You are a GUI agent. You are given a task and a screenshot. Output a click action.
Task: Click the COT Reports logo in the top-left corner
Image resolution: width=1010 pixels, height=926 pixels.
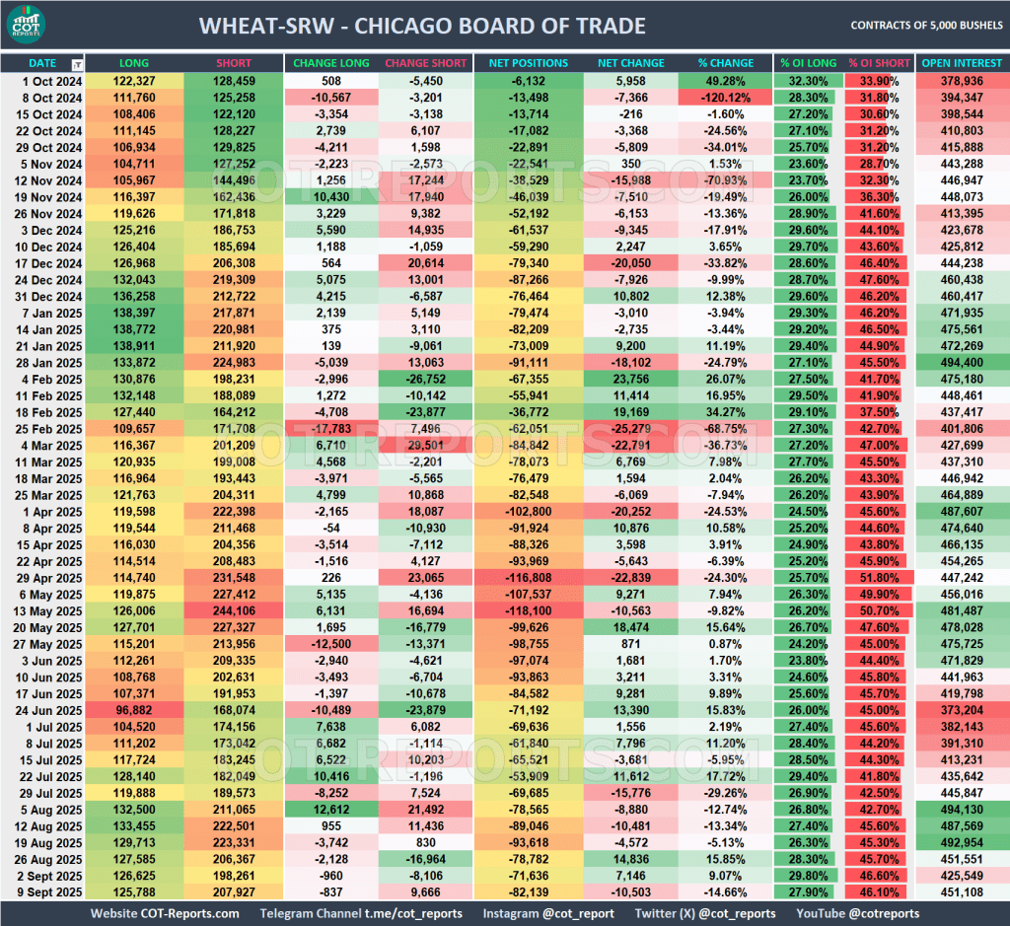click(35, 26)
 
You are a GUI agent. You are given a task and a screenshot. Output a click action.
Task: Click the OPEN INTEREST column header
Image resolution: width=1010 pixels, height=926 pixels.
click(962, 63)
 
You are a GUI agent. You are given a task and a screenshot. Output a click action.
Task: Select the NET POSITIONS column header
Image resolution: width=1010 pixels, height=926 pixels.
click(528, 63)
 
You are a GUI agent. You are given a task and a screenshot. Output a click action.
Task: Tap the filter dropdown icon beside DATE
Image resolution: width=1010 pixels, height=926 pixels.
click(78, 64)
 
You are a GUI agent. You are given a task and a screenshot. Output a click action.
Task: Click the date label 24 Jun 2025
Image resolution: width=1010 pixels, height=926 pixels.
click(42, 710)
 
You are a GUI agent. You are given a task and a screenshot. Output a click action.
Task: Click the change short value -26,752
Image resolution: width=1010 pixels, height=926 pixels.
click(425, 379)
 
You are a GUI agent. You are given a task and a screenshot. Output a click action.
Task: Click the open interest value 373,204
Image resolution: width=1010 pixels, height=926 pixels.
click(962, 710)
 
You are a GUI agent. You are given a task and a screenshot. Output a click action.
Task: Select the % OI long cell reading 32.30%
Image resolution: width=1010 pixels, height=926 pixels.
click(808, 80)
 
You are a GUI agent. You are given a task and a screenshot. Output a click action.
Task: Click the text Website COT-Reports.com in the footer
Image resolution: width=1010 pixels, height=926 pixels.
click(165, 913)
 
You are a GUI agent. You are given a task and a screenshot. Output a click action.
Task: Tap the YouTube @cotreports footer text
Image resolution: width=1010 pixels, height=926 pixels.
click(857, 913)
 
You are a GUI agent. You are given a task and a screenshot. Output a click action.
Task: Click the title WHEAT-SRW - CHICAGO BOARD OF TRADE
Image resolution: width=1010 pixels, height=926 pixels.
click(422, 26)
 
